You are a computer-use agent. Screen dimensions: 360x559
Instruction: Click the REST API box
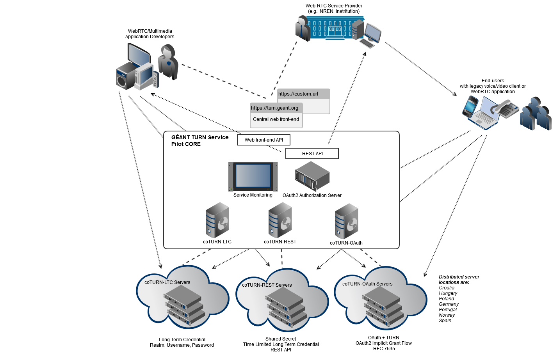tap(312, 154)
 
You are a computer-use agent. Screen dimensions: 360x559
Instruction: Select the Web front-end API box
tap(263, 140)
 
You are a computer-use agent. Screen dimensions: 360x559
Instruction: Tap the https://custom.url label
tap(298, 94)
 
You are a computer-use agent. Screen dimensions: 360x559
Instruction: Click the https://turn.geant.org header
tap(275, 108)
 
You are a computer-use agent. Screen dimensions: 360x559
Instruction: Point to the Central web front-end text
tap(276, 119)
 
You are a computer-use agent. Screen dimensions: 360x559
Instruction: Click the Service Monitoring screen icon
tap(253, 176)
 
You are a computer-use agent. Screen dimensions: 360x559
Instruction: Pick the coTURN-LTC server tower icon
tap(217, 220)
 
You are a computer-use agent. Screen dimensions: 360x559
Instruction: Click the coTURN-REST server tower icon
tap(280, 220)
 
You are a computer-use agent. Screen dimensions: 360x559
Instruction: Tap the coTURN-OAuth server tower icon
tap(346, 221)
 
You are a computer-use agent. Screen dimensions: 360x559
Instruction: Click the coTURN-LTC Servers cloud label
tap(167, 282)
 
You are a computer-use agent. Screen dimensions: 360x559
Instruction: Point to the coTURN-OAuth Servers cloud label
tap(367, 284)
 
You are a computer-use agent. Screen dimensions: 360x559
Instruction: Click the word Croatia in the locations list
tap(447, 288)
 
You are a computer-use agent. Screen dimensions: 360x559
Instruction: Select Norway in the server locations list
tap(447, 315)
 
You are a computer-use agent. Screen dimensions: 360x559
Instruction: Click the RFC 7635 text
tap(384, 349)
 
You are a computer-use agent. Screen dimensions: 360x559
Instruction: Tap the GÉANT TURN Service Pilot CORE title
tap(199, 141)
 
